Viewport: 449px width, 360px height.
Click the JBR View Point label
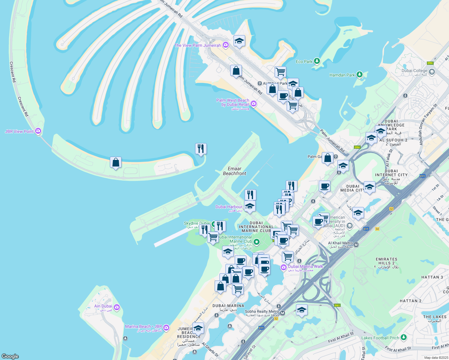pyautogui.click(x=20, y=131)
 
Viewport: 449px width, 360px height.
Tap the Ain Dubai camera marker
pyautogui.click(x=117, y=307)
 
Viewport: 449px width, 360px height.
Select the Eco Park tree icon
pyautogui.click(x=317, y=61)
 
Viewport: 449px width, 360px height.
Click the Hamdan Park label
pyautogui.click(x=342, y=75)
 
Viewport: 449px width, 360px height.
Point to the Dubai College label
pyautogui.click(x=414, y=71)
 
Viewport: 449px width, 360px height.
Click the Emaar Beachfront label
pyautogui.click(x=234, y=171)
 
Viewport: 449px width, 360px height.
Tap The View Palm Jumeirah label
pyautogui.click(x=197, y=45)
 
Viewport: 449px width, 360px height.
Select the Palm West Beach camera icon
pyautogui.click(x=254, y=103)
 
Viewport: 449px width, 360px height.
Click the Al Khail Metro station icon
pyautogui.click(x=356, y=244)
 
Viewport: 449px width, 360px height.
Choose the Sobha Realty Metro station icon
pyautogui.click(x=282, y=313)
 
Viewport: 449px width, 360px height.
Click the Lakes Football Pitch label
pyautogui.click(x=380, y=338)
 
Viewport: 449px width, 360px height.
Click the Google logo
pyautogui.click(x=10, y=356)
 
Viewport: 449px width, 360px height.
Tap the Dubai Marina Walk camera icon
pyautogui.click(x=284, y=267)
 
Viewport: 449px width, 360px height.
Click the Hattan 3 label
pyautogui.click(x=432, y=277)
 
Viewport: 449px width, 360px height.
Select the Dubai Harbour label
pyautogui.click(x=229, y=207)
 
